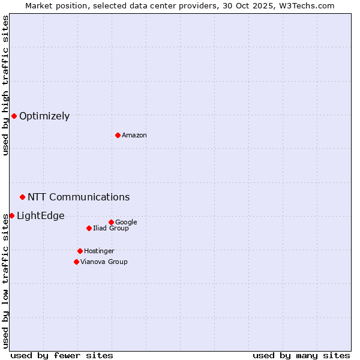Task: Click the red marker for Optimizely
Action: tap(14, 116)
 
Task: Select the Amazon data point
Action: tap(118, 135)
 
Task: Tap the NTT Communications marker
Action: tap(22, 197)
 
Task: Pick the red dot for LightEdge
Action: tap(11, 215)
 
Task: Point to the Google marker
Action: tap(111, 222)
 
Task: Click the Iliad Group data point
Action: tap(89, 228)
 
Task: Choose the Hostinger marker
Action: tap(80, 251)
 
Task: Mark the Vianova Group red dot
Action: tap(76, 262)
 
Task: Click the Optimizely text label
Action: tap(44, 116)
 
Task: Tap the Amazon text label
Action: tap(134, 136)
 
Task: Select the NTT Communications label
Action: tap(79, 197)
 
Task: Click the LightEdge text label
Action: tap(40, 216)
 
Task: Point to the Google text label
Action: tap(126, 223)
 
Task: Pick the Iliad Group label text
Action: tap(111, 229)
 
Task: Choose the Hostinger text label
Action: tap(99, 251)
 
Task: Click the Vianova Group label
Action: tap(104, 262)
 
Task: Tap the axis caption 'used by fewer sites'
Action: tap(62, 355)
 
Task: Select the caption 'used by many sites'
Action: tap(301, 355)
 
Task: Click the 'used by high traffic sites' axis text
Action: tap(6, 85)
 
